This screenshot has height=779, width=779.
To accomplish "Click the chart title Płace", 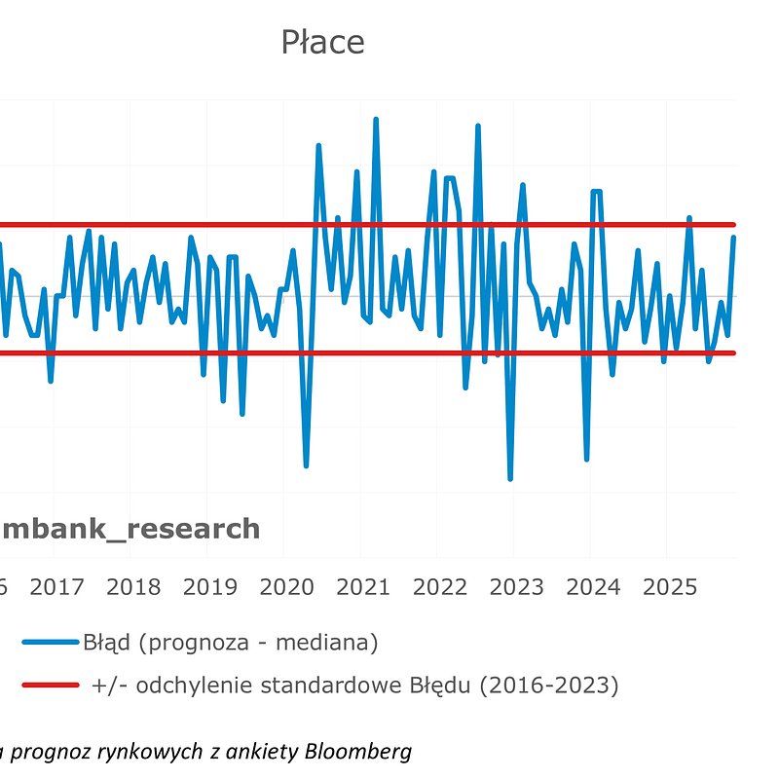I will point(322,43).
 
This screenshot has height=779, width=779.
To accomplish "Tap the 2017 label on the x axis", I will point(56,587).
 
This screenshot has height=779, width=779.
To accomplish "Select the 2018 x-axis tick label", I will point(133,587).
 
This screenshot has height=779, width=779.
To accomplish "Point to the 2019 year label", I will point(210,587).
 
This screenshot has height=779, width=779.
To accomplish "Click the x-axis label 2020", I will point(286,587).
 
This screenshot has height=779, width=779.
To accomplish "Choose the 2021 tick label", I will point(363,587).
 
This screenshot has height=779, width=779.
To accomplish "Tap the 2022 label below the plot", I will point(440,587).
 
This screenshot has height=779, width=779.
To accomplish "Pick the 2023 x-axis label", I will point(517,587).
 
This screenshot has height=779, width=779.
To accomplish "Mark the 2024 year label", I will point(593,587).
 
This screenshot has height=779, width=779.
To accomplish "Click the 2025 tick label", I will point(670,587).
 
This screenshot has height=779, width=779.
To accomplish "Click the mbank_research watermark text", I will point(131,529).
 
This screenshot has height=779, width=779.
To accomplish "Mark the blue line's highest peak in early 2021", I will point(376,120).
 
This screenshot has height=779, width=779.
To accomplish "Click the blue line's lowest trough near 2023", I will point(510,478).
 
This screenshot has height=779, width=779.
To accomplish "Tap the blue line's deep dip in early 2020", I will point(306,465).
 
